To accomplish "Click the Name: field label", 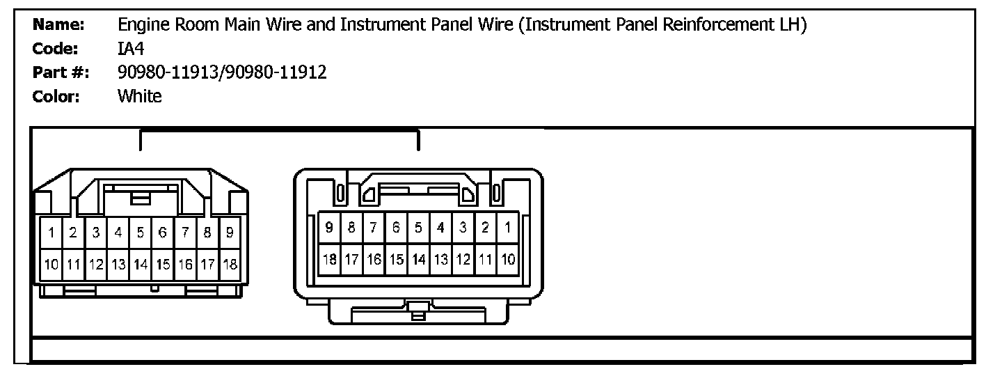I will [58, 26].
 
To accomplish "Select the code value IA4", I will [131, 49].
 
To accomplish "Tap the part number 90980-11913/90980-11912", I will [222, 72].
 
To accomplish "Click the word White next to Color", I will [139, 96].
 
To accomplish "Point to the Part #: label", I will [61, 72].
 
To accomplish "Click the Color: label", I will [56, 96].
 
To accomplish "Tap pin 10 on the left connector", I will [51, 265].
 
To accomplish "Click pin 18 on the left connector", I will [229, 265].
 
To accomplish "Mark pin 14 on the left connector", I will [141, 265].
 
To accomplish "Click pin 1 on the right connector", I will [508, 227].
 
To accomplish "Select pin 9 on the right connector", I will [329, 227].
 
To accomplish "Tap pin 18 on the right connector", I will [329, 260].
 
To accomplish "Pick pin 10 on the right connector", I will [508, 260].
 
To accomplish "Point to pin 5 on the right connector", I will [418, 227].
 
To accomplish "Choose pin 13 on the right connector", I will [440, 260].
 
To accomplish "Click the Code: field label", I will [55, 49].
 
